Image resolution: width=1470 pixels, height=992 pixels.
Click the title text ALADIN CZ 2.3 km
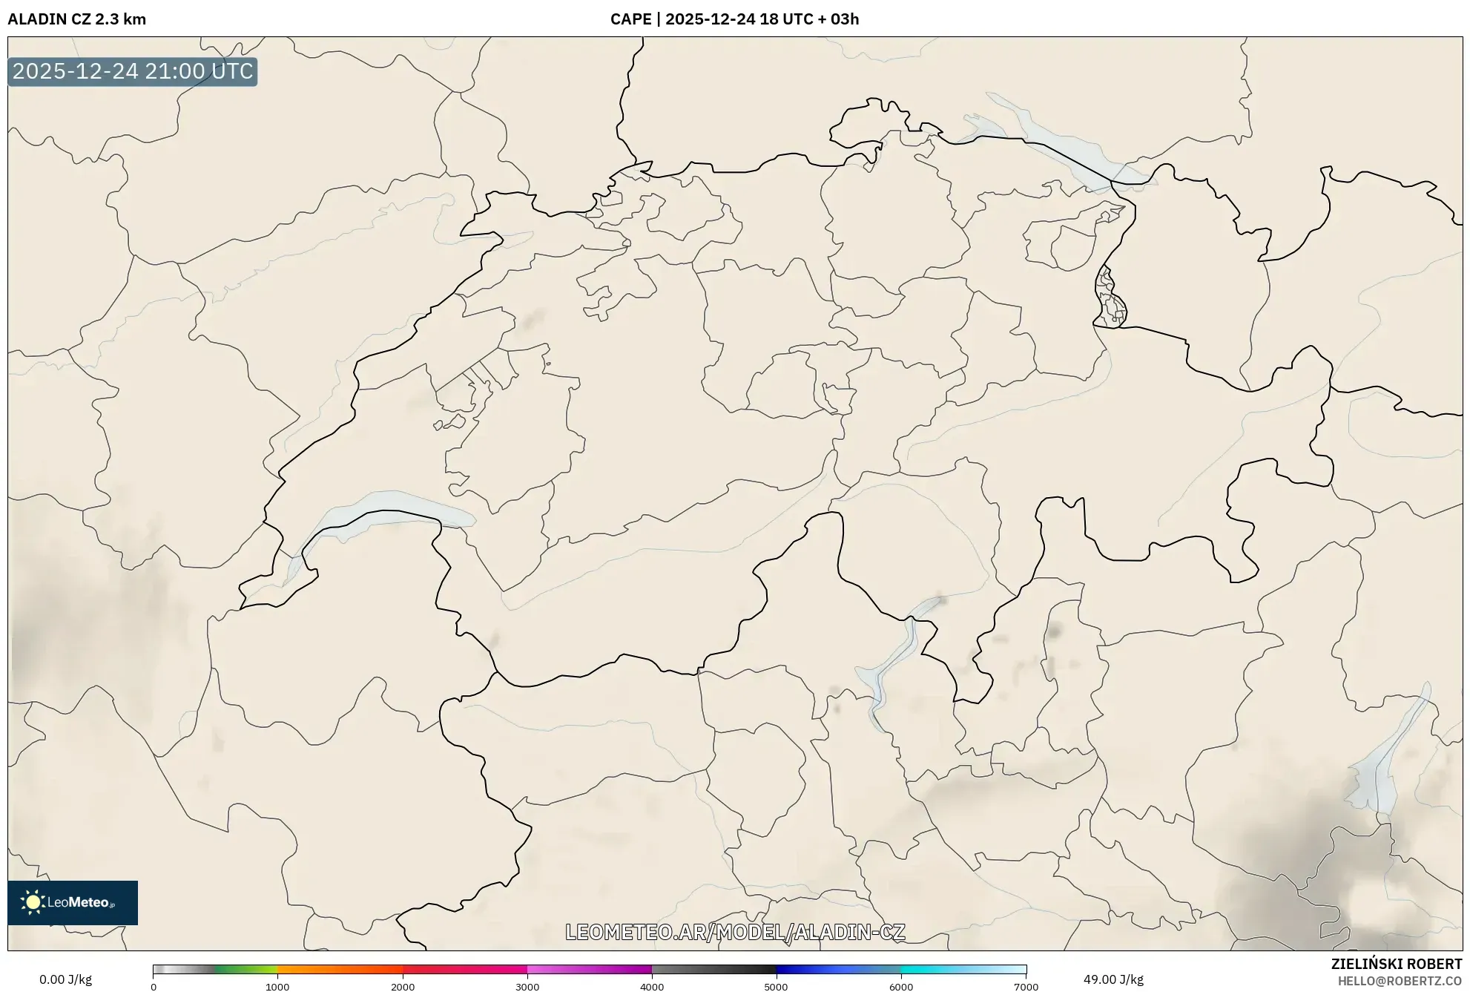point(76,19)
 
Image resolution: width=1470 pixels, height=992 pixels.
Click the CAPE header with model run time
point(734,19)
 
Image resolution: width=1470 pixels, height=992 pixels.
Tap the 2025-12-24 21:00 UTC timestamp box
point(133,71)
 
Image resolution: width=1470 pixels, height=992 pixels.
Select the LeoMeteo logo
point(73,902)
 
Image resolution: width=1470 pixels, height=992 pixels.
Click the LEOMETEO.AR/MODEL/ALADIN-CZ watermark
point(735,932)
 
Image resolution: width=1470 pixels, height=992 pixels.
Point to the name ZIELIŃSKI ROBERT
point(1396,964)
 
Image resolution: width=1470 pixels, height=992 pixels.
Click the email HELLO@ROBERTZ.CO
point(1399,981)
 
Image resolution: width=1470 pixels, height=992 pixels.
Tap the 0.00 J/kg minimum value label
point(65,979)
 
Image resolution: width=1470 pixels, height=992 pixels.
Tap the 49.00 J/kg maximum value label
point(1113,979)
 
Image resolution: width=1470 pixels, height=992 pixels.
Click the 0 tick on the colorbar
point(154,987)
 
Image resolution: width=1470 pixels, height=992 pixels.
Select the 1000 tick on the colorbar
point(277,987)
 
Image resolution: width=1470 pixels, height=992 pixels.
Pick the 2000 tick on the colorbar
point(403,987)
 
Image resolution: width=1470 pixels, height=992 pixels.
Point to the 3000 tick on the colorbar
point(527,987)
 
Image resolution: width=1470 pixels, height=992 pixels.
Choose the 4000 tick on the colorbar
point(652,987)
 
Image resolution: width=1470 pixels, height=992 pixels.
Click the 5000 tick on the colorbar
point(776,987)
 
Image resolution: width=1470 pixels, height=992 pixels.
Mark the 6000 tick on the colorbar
point(901,987)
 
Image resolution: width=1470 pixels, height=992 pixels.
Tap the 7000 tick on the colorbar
point(1026,987)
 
